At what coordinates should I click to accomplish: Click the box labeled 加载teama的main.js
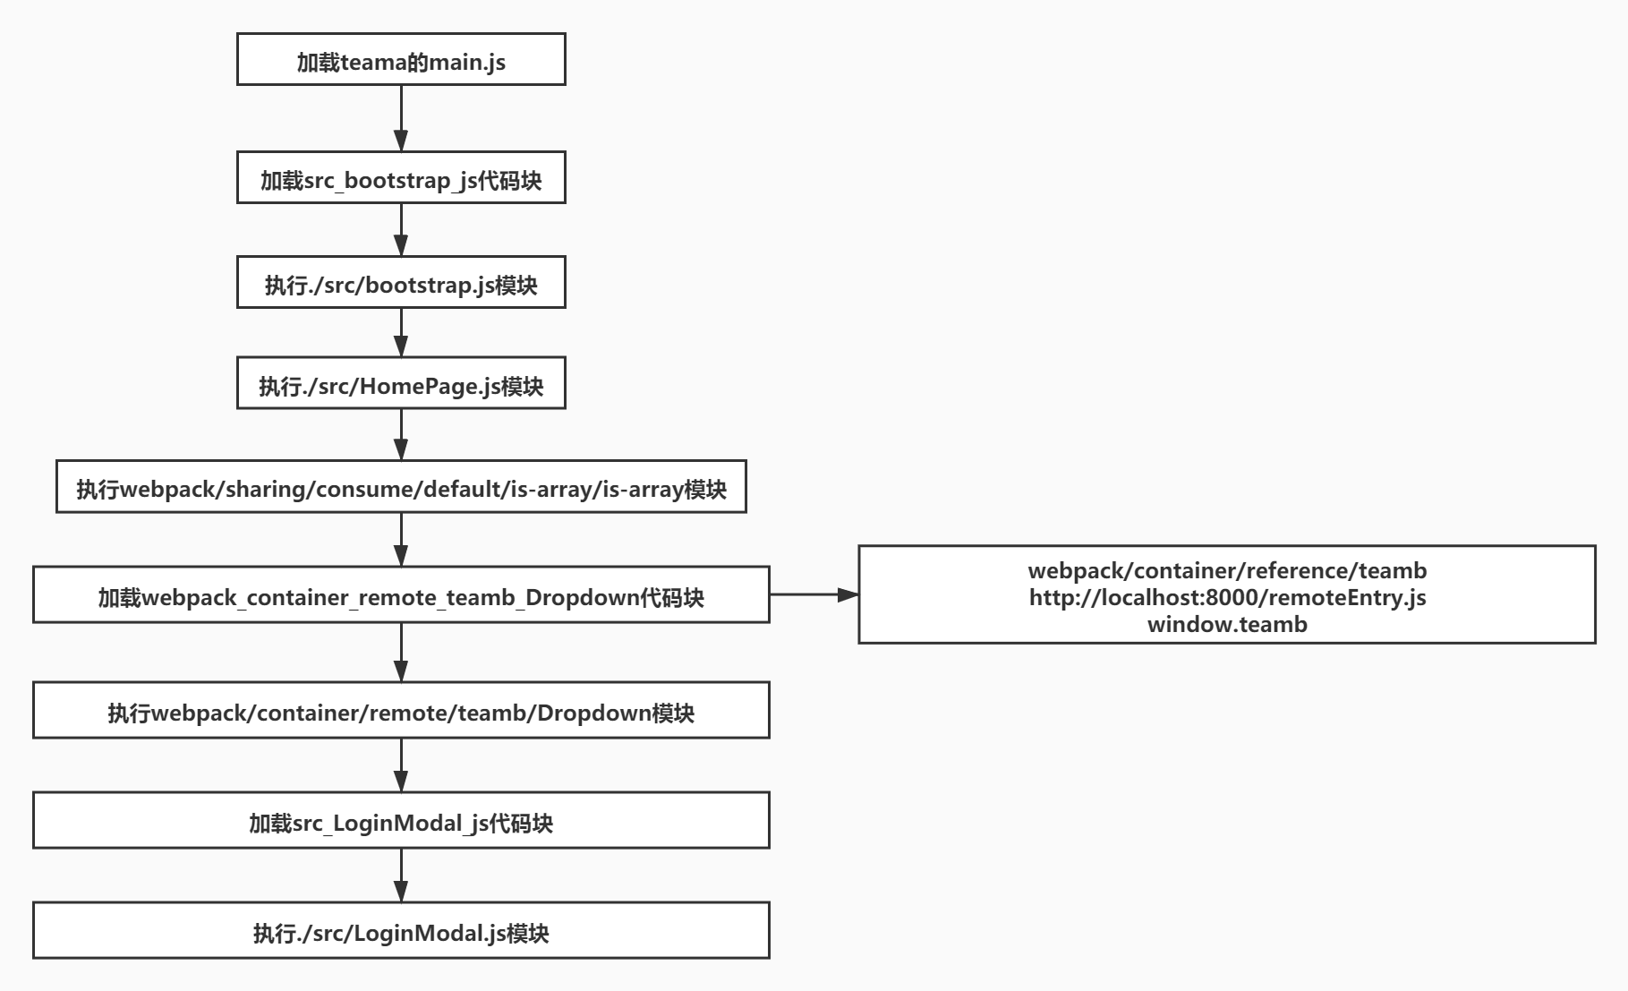(401, 60)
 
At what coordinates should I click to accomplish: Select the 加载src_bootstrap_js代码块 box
(401, 178)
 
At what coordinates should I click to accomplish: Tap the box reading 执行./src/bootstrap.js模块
(401, 283)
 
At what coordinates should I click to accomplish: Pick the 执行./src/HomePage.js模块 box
(401, 384)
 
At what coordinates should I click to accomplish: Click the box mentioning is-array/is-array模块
(401, 487)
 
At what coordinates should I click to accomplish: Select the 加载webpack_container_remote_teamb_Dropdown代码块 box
(401, 595)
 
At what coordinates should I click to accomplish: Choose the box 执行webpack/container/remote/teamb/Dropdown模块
(401, 711)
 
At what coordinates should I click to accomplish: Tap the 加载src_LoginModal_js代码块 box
(401, 821)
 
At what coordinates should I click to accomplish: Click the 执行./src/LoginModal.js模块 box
(401, 931)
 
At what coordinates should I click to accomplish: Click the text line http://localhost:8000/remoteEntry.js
(1227, 597)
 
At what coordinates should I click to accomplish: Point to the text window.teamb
(1227, 624)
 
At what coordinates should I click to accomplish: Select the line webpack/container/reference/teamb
(1227, 570)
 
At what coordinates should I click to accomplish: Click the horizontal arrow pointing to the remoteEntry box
(813, 594)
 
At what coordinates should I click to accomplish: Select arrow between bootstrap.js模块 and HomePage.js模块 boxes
(401, 332)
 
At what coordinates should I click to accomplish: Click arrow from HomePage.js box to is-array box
(401, 435)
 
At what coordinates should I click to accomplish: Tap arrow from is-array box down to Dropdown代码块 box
(401, 539)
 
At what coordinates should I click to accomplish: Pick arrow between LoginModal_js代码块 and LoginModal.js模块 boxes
(401, 875)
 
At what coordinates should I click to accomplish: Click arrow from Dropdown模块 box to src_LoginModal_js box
(401, 765)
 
